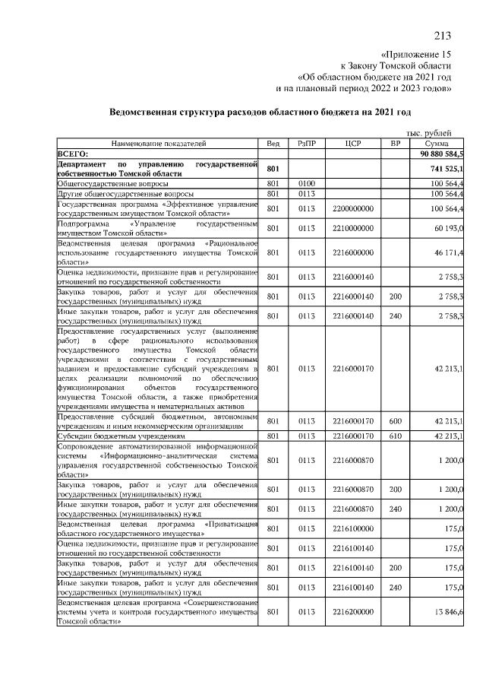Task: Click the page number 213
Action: click(x=443, y=35)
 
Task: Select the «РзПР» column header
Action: click(x=307, y=143)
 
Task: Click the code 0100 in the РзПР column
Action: click(x=307, y=183)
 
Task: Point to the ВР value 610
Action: click(x=395, y=436)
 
